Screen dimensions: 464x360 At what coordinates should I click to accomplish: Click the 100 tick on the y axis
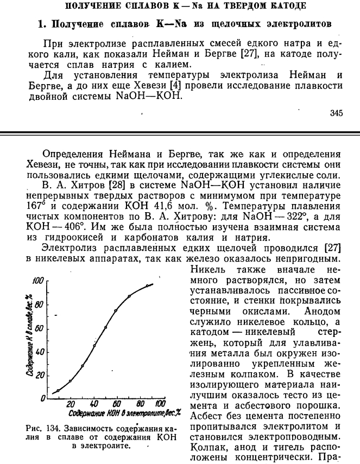(x=37, y=281)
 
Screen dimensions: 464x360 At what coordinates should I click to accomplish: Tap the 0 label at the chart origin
(x=42, y=399)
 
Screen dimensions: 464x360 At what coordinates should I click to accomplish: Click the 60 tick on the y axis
(x=39, y=328)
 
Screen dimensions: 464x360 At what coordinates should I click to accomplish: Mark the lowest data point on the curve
(x=58, y=391)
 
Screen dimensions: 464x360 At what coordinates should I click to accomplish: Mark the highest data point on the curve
(x=147, y=285)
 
